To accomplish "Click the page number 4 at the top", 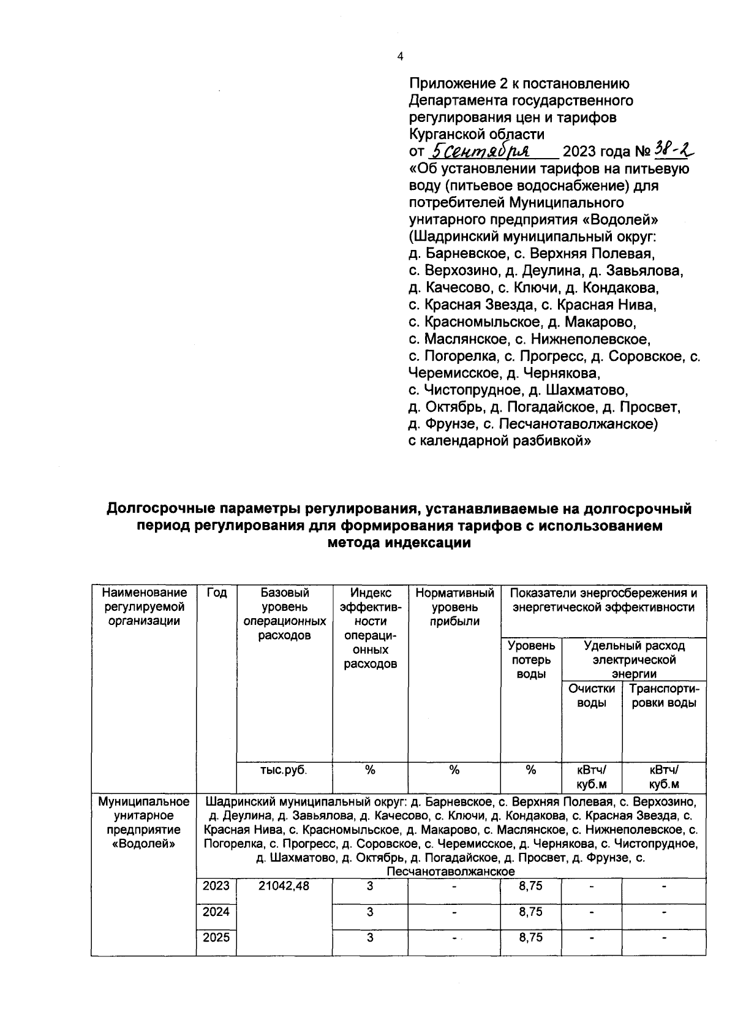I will point(400,57).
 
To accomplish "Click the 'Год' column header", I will point(216,593).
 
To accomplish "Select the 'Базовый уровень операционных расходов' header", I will point(285,614).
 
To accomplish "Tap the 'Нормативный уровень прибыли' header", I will point(454,607).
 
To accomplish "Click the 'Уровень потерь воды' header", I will point(531,660).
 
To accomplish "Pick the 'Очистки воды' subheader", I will point(592,695).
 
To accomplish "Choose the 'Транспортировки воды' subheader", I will point(664,695).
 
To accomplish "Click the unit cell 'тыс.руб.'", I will point(284,770).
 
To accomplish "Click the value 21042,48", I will point(284,886).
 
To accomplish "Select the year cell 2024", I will point(216,912).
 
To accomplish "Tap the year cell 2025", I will point(216,937).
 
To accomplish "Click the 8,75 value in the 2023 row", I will point(530,886).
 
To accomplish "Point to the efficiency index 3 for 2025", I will point(370,937).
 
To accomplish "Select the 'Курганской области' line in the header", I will point(477,134).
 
